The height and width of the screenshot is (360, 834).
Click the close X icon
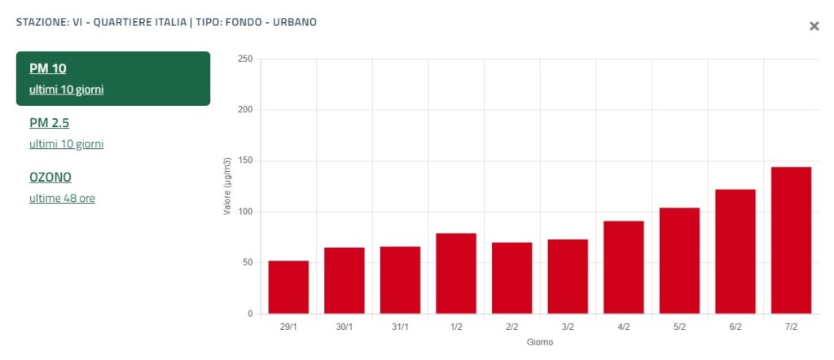click(x=814, y=26)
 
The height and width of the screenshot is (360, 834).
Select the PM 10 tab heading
click(x=47, y=68)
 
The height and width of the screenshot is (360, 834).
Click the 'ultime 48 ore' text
click(x=62, y=198)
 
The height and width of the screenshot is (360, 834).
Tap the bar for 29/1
click(x=288, y=288)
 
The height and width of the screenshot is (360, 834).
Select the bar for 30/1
click(x=345, y=281)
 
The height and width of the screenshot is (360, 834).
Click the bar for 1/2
click(x=456, y=274)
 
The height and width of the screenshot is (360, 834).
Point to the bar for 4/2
click(x=624, y=267)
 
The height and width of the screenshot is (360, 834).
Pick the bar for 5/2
click(x=679, y=261)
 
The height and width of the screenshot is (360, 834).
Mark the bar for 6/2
click(x=735, y=252)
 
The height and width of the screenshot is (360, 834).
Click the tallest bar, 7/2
click(x=791, y=240)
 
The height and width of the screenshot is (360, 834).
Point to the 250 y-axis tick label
click(x=244, y=59)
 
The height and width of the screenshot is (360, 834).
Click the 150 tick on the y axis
click(x=244, y=161)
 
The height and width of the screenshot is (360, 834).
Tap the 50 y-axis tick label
click(x=247, y=263)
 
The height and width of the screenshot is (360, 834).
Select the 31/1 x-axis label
click(x=400, y=327)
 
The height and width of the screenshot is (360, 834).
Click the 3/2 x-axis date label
click(x=568, y=327)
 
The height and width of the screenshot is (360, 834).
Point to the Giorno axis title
click(x=539, y=343)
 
